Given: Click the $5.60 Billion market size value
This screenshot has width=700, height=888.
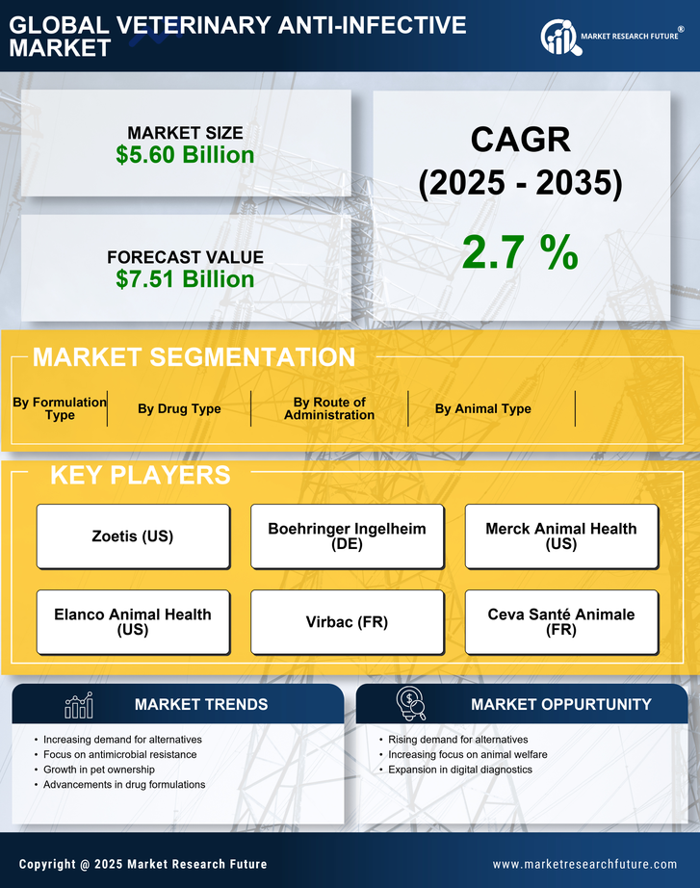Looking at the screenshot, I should point(185,155).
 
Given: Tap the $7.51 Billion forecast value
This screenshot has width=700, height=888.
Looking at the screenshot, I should point(185,279).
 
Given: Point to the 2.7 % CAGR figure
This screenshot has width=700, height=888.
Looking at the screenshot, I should point(520,251).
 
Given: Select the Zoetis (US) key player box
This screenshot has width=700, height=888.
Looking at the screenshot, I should point(133,536).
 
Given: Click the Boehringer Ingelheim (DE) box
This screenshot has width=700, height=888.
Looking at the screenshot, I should point(347,536).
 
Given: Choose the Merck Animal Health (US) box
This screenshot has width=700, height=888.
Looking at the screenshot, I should point(561,536).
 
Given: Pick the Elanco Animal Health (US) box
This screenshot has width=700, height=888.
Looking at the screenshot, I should point(133,622).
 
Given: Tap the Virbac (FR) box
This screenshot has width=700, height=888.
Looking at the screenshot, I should point(347,622).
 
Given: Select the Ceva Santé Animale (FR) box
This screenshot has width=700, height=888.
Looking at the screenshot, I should point(561,622).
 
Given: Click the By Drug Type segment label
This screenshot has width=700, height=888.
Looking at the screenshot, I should point(179,409).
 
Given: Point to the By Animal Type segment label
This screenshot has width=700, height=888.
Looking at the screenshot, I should point(482,409).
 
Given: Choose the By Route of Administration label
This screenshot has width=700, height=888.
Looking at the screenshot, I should point(329,409).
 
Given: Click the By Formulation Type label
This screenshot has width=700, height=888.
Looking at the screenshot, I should point(60,409).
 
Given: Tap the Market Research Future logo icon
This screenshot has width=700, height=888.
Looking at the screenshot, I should point(559,38).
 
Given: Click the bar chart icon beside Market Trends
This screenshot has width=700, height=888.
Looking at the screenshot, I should point(78,705).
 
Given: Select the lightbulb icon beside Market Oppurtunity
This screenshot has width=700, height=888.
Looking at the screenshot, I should point(411,704).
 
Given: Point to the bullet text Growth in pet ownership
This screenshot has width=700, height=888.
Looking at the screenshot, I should point(98,770).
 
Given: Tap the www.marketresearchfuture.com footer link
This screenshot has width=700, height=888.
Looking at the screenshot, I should point(584,865).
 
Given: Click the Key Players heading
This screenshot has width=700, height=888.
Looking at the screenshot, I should point(140,475).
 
